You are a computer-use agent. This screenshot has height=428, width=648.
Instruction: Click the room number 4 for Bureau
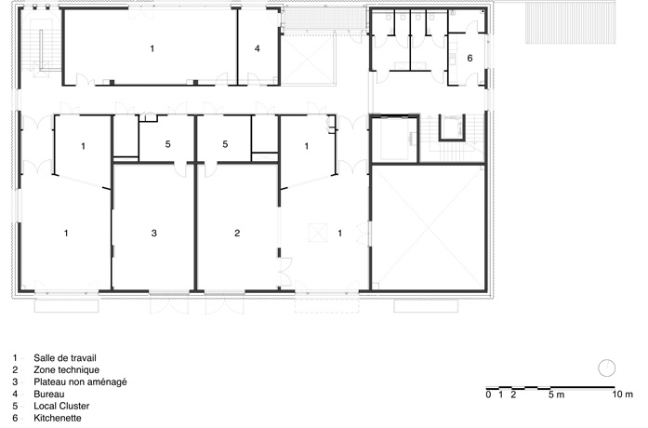pyautogui.click(x=257, y=48)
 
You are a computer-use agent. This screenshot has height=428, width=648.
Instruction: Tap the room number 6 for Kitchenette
pyautogui.click(x=469, y=59)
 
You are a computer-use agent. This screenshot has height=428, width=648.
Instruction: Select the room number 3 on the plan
pyautogui.click(x=154, y=234)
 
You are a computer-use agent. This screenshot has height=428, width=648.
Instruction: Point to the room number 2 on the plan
pyautogui.click(x=237, y=234)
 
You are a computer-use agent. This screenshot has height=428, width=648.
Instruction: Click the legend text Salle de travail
pyautogui.click(x=65, y=358)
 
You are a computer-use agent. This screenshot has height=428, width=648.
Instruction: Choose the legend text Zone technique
pyautogui.click(x=67, y=370)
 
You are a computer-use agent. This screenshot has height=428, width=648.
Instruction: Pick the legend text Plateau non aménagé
pyautogui.click(x=80, y=382)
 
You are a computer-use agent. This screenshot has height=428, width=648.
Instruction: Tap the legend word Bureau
pyautogui.click(x=48, y=395)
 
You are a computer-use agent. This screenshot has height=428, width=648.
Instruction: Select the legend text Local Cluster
pyautogui.click(x=61, y=406)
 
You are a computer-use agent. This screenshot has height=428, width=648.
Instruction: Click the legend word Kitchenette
pyautogui.click(x=58, y=418)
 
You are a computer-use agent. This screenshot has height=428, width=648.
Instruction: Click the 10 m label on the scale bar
pyautogui.click(x=622, y=395)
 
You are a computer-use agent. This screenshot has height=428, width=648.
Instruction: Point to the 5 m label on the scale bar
pyautogui.click(x=556, y=395)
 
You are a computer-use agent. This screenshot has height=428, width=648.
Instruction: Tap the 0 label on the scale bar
pyautogui.click(x=488, y=395)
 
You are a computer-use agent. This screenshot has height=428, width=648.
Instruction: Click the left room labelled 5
pyautogui.click(x=167, y=144)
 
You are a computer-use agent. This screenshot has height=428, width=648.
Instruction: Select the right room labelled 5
pyautogui.click(x=225, y=144)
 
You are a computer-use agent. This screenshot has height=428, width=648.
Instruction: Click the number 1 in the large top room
pyautogui.click(x=152, y=48)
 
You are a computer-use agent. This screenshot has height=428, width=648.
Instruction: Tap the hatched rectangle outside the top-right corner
pyautogui.click(x=570, y=23)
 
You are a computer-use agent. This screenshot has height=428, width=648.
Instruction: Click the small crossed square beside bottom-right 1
pyautogui.click(x=318, y=232)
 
